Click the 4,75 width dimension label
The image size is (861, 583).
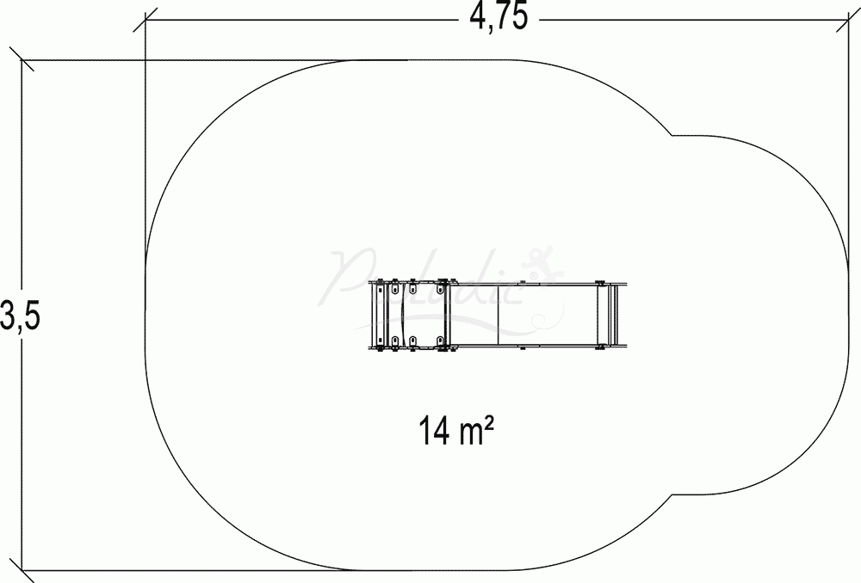[498, 16]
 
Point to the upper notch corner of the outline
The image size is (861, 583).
[672, 135]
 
